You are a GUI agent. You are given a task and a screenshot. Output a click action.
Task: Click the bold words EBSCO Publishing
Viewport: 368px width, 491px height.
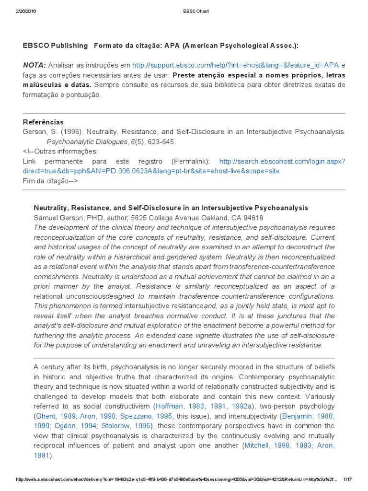(x=55, y=46)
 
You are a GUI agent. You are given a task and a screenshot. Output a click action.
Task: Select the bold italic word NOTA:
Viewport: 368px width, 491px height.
(x=34, y=65)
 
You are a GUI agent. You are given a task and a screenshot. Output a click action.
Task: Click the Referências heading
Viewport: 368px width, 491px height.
(x=43, y=122)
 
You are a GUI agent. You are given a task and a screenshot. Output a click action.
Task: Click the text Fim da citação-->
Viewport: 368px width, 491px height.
(x=50, y=181)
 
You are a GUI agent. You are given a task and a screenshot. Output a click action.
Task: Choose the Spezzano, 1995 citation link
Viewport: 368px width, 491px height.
(x=147, y=416)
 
